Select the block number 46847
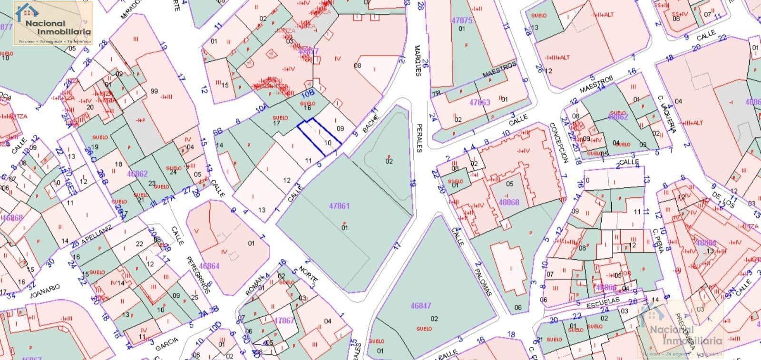coord(420,306)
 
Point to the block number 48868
coord(509,202)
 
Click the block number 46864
coord(209,266)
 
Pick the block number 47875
coord(462,20)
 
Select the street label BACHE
coord(371,123)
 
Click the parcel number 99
coord(154,91)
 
